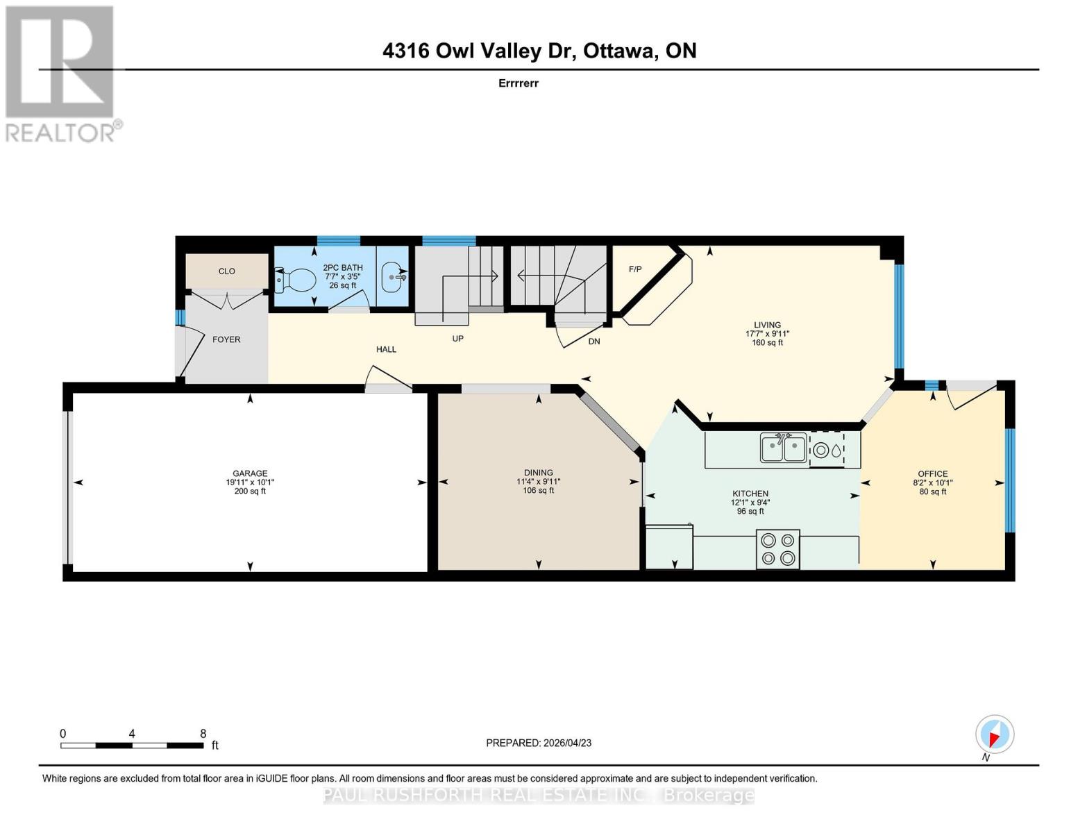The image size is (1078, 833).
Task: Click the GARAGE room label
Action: [250, 473]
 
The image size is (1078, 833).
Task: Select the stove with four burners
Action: [778, 549]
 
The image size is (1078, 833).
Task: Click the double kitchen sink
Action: [783, 448]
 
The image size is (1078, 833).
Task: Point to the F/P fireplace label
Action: [635, 269]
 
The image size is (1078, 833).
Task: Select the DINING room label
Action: [539, 473]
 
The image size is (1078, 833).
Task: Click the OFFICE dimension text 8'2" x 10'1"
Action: [932, 483]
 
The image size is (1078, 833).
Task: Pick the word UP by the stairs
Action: [457, 339]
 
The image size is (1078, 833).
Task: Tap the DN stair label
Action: [594, 342]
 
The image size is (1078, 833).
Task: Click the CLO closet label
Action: [227, 271]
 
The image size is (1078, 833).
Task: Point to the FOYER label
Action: [226, 339]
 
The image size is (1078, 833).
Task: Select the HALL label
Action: [386, 349]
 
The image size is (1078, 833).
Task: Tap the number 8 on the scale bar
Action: [203, 734]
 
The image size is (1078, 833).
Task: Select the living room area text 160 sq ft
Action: [767, 342]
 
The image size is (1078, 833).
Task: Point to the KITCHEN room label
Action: [750, 494]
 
